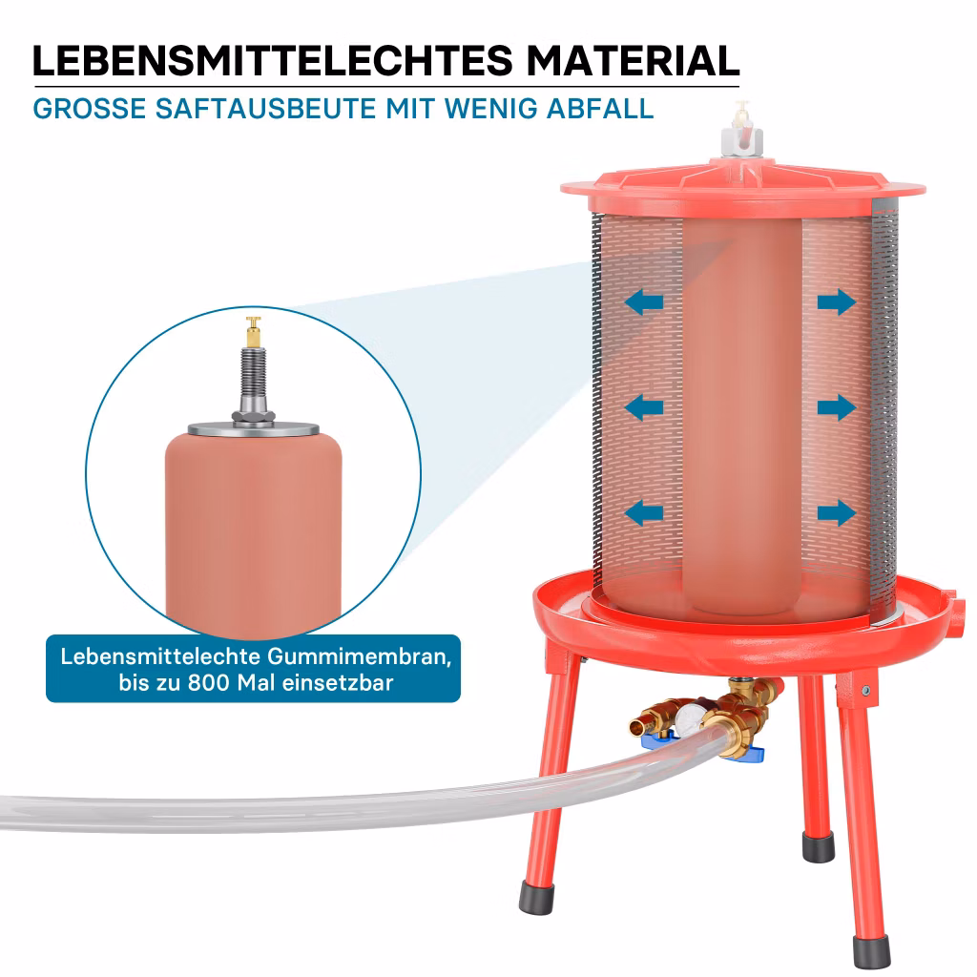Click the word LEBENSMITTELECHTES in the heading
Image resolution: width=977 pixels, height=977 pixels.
(x=273, y=60)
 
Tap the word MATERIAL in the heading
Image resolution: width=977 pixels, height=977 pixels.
(x=634, y=60)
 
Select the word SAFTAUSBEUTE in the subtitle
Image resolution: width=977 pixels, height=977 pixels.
(x=266, y=109)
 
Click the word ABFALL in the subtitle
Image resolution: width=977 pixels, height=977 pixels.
(x=600, y=109)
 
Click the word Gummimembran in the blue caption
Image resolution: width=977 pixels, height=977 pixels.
(x=360, y=657)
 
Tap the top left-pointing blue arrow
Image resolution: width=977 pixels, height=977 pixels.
(x=644, y=302)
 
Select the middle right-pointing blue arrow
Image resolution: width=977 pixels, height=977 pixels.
(x=837, y=407)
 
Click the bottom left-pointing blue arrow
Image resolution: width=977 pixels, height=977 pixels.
(x=644, y=512)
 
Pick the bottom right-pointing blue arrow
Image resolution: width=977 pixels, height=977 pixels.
(x=837, y=512)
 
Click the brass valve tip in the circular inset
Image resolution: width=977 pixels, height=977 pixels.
(x=253, y=331)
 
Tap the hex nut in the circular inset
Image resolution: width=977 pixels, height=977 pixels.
(x=253, y=416)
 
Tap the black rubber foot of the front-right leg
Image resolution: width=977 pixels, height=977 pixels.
(x=871, y=953)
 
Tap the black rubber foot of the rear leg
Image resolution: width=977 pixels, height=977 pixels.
(x=818, y=847)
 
